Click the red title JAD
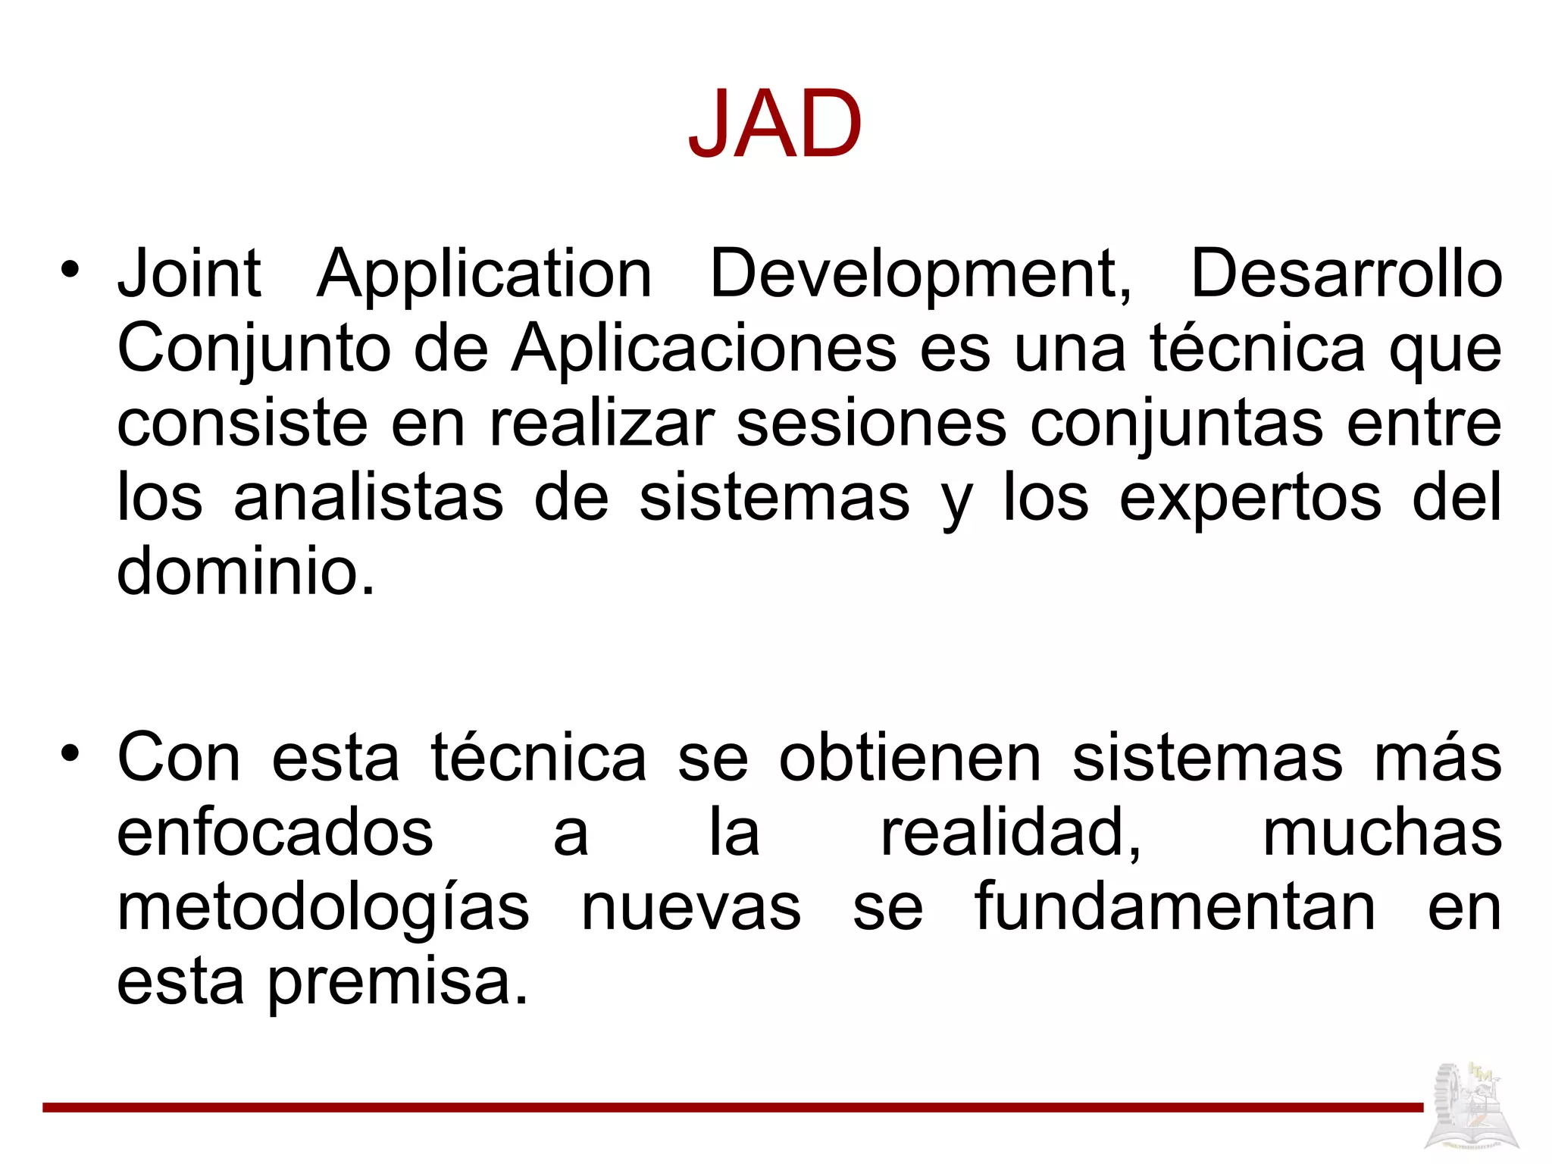point(775,124)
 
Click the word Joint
point(189,274)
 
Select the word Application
point(484,275)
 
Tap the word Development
point(920,274)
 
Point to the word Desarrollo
point(1346,274)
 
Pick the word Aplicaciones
point(703,349)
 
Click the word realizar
point(602,423)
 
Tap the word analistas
point(368,497)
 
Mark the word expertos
point(1250,499)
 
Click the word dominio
point(246,571)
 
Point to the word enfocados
point(275,833)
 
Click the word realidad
point(1010,833)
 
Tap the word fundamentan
point(1175,907)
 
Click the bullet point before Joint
point(70,269)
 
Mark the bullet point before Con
point(70,753)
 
